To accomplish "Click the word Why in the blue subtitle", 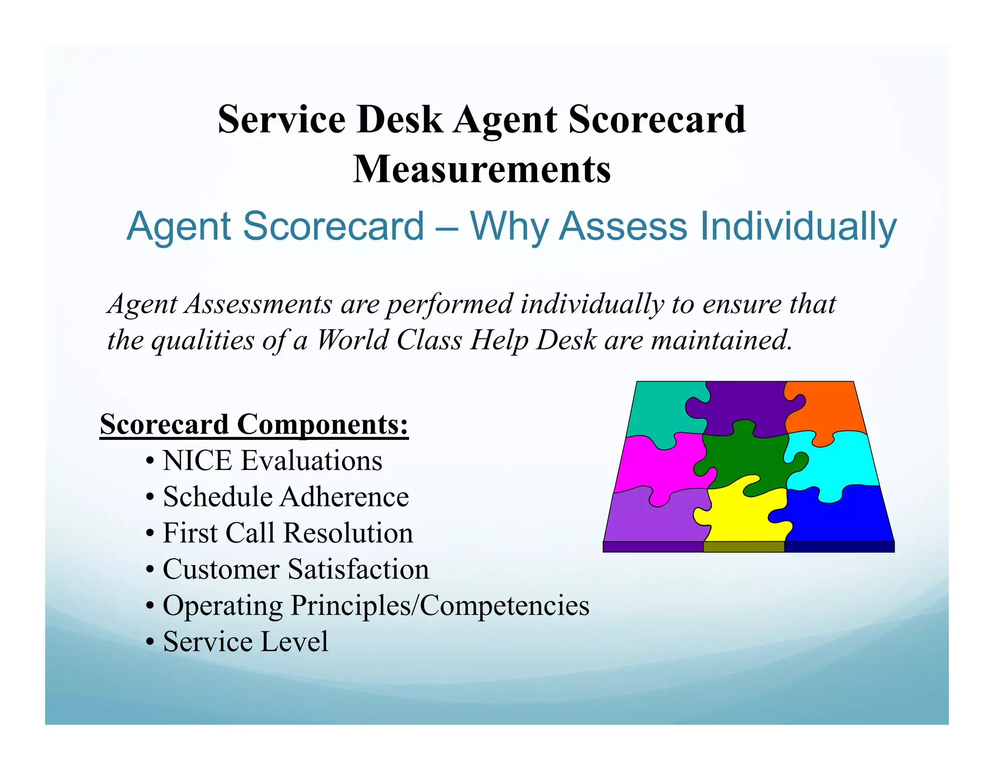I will pos(510,226).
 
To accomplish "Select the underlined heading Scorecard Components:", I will pos(254,424).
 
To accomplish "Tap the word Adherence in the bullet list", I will pos(345,497).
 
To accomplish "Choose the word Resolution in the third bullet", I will pos(348,533).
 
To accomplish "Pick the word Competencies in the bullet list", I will pos(504,605).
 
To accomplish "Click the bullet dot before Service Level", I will pos(150,642).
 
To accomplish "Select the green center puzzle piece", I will pos(743,459).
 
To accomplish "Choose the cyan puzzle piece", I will pos(840,461).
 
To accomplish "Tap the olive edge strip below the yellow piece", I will pos(744,547).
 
